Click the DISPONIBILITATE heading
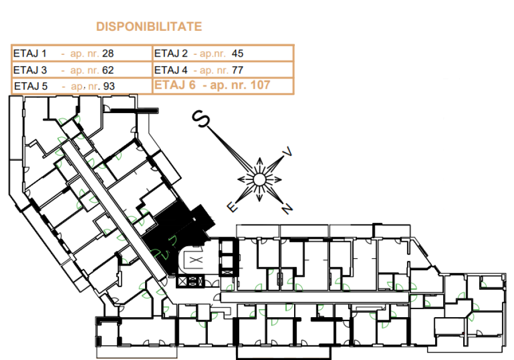pos(149,26)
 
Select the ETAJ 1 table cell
pos(82,53)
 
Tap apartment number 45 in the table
pos(238,54)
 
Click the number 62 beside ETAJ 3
pos(108,70)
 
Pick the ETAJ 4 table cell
pos(223,70)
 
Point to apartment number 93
pos(109,86)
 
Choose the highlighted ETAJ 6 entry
pos(212,85)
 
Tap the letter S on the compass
pos(200,119)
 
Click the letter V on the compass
pos(287,152)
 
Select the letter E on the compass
pos(232,207)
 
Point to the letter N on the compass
pos(287,209)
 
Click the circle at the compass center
pos(259,179)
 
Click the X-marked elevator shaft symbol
pos(196,261)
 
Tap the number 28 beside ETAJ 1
pos(108,54)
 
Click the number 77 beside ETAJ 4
pos(238,70)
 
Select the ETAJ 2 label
pos(171,54)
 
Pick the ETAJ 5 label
pos(31,86)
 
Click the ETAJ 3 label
pos(30,70)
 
